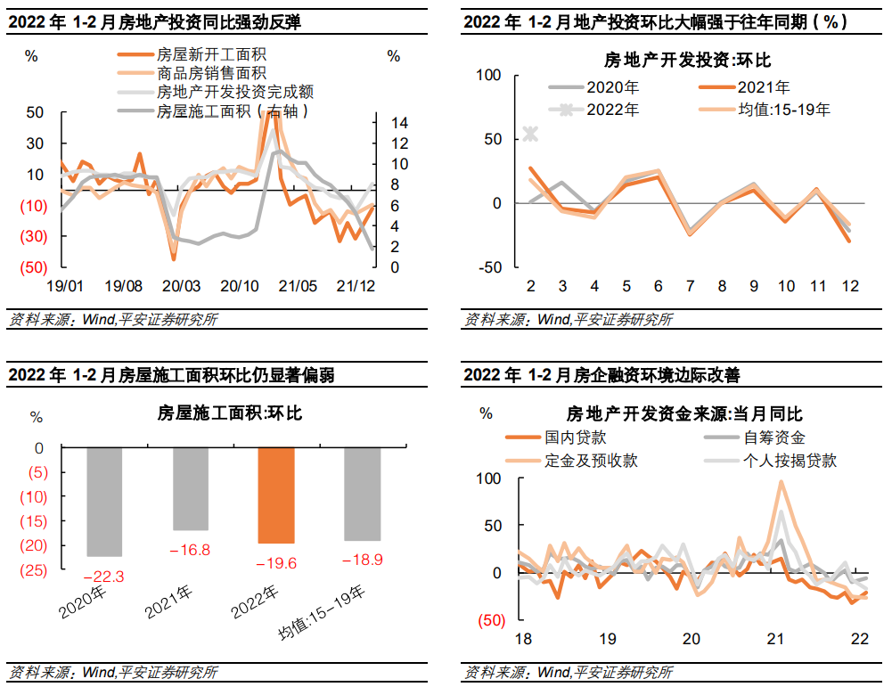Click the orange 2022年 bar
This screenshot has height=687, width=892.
(x=275, y=495)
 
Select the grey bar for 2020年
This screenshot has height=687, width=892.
(x=104, y=502)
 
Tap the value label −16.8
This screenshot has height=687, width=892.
(x=190, y=551)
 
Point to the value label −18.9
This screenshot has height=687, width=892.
(x=362, y=559)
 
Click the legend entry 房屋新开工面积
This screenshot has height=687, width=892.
(x=204, y=54)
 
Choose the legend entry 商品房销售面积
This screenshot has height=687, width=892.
(x=211, y=73)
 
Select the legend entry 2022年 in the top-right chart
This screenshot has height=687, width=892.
(x=612, y=110)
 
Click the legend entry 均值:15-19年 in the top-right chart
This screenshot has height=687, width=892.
(x=784, y=110)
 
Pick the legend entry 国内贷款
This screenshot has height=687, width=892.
(x=575, y=438)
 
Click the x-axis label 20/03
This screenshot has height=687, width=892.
(x=182, y=286)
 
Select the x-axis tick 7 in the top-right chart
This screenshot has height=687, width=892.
(x=690, y=286)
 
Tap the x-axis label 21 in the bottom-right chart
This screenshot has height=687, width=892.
(x=775, y=639)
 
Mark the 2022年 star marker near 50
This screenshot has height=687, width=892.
(x=531, y=134)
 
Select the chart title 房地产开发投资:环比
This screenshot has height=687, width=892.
(x=687, y=61)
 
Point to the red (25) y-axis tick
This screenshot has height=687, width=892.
(x=39, y=569)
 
